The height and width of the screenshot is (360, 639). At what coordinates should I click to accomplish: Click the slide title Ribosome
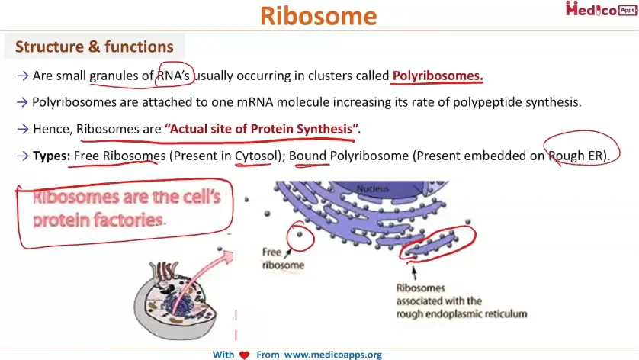318,16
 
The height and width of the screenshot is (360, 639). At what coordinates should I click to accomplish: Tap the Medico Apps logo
602,9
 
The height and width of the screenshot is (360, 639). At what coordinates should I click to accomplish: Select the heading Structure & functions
94,47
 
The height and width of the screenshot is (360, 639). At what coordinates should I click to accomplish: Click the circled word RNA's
173,76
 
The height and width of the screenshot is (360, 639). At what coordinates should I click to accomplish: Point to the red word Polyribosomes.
438,76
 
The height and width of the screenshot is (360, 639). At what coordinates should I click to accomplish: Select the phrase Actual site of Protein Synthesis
261,129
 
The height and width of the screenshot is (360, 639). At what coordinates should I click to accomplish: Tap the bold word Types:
51,156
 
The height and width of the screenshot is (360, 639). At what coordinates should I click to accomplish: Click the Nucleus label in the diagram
372,188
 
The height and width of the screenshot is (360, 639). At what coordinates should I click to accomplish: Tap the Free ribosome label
283,259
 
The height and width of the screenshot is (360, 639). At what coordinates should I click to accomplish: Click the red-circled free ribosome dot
300,234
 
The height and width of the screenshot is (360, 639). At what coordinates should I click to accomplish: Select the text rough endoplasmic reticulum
461,314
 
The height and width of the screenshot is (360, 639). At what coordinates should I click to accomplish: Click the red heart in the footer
244,355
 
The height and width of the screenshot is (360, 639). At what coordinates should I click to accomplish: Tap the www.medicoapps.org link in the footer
333,355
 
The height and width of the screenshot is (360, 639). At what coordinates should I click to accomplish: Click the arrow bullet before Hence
23,129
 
